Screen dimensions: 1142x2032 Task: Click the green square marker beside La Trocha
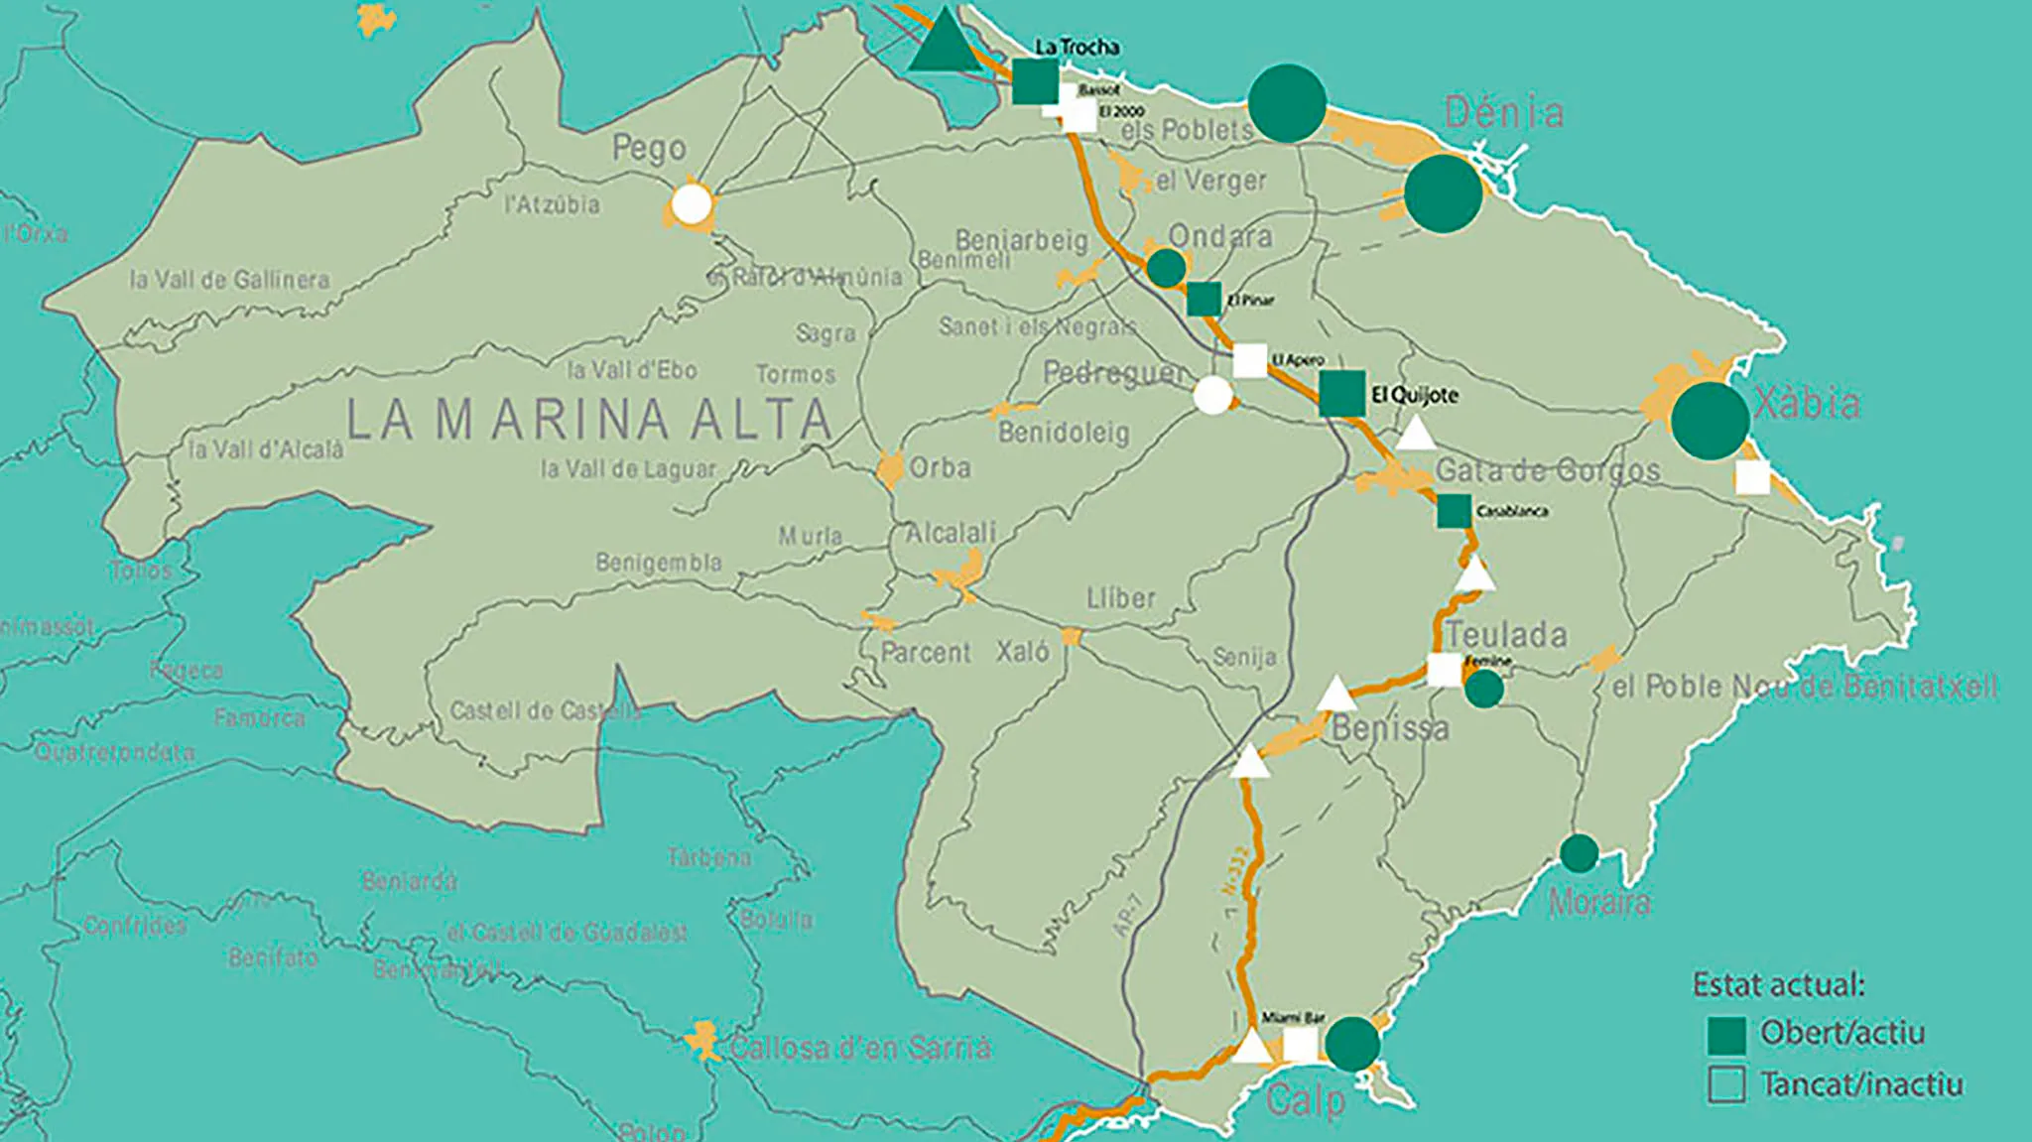(x=1035, y=81)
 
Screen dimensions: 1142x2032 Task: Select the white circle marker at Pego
(x=692, y=204)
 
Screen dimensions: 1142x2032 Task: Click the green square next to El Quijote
(x=1341, y=393)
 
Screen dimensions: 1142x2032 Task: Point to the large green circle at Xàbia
(x=1710, y=421)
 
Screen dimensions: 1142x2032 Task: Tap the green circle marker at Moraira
(x=1579, y=853)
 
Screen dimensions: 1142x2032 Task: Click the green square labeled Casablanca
(x=1454, y=511)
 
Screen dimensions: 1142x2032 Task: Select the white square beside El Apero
(x=1249, y=360)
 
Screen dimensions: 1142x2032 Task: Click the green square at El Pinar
(x=1204, y=299)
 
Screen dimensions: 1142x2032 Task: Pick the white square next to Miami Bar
(x=1300, y=1045)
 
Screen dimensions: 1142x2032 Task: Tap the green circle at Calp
(x=1351, y=1044)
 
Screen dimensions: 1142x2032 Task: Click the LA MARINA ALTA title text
(x=589, y=420)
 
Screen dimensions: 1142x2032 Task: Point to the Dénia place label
(x=1504, y=113)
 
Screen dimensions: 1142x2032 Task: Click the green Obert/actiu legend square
(x=1726, y=1035)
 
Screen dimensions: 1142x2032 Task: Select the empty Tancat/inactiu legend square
(x=1726, y=1084)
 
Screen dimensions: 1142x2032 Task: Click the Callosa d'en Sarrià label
(x=859, y=1048)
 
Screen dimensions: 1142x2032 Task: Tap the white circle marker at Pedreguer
(x=1212, y=395)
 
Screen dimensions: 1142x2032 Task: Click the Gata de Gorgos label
(x=1548, y=470)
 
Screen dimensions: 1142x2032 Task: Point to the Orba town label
(x=940, y=467)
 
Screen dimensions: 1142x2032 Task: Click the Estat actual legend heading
(x=1779, y=985)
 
